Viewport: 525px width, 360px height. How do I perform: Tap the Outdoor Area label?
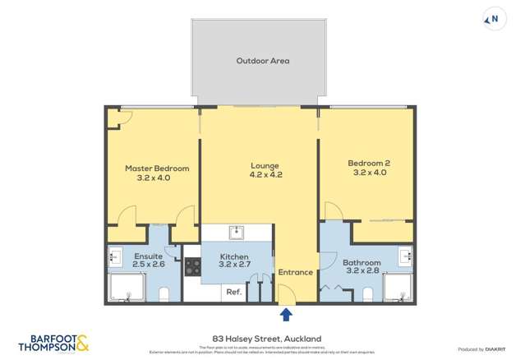pos(262,61)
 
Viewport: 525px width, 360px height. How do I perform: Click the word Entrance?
pos(296,272)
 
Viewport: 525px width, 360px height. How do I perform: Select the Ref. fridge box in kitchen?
pos(233,293)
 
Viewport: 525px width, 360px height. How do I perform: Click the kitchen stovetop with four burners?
pos(192,266)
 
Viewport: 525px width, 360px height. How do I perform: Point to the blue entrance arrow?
pos(286,314)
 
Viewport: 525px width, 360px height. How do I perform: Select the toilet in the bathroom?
pos(366,293)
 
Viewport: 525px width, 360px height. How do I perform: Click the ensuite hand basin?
pos(114,257)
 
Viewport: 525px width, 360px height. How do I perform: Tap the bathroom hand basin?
pos(405,255)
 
